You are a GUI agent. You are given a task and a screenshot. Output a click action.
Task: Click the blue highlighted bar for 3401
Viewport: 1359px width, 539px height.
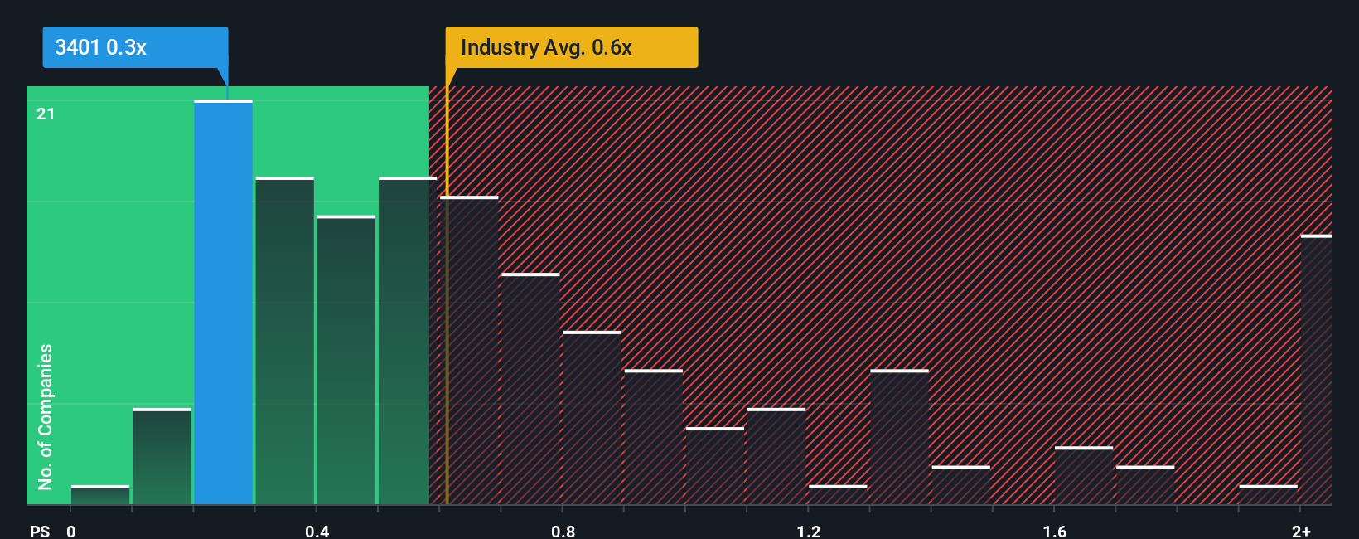(x=223, y=303)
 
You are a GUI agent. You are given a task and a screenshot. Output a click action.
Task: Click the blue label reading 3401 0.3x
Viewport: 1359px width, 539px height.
(x=101, y=47)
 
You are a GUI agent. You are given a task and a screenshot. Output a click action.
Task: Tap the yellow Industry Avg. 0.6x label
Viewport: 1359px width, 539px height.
(x=546, y=47)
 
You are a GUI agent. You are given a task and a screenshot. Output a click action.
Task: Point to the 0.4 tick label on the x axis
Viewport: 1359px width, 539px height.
(x=317, y=531)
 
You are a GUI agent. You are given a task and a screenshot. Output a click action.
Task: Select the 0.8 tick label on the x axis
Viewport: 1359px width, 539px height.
(x=563, y=531)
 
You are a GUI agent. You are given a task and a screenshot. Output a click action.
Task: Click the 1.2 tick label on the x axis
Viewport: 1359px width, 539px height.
(x=809, y=531)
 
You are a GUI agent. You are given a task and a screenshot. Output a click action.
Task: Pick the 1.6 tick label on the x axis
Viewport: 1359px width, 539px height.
(x=1054, y=531)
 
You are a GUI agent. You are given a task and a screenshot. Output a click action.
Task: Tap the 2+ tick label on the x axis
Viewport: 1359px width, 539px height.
(x=1301, y=531)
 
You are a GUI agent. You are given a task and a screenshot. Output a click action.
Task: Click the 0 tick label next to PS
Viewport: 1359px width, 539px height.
(x=71, y=531)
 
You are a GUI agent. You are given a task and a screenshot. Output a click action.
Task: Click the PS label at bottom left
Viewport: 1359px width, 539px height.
(x=40, y=531)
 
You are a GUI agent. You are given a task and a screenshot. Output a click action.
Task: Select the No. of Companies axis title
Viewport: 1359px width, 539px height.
(x=46, y=416)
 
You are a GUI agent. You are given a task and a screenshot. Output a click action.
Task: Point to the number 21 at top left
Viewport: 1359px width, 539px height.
(x=46, y=114)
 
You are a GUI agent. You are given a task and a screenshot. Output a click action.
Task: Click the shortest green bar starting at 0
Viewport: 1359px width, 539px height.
(x=100, y=495)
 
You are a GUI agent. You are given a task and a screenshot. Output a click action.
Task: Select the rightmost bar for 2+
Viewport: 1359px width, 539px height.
(x=1316, y=370)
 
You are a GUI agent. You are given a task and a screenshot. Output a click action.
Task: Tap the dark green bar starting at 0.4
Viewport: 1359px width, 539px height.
(x=346, y=360)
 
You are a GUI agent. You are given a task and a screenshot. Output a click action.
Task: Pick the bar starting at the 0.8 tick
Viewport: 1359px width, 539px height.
(x=592, y=418)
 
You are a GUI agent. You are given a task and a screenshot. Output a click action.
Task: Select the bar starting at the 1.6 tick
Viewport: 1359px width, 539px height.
(x=1083, y=476)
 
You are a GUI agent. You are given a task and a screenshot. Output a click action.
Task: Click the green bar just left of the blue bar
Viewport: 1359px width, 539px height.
(x=162, y=456)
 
